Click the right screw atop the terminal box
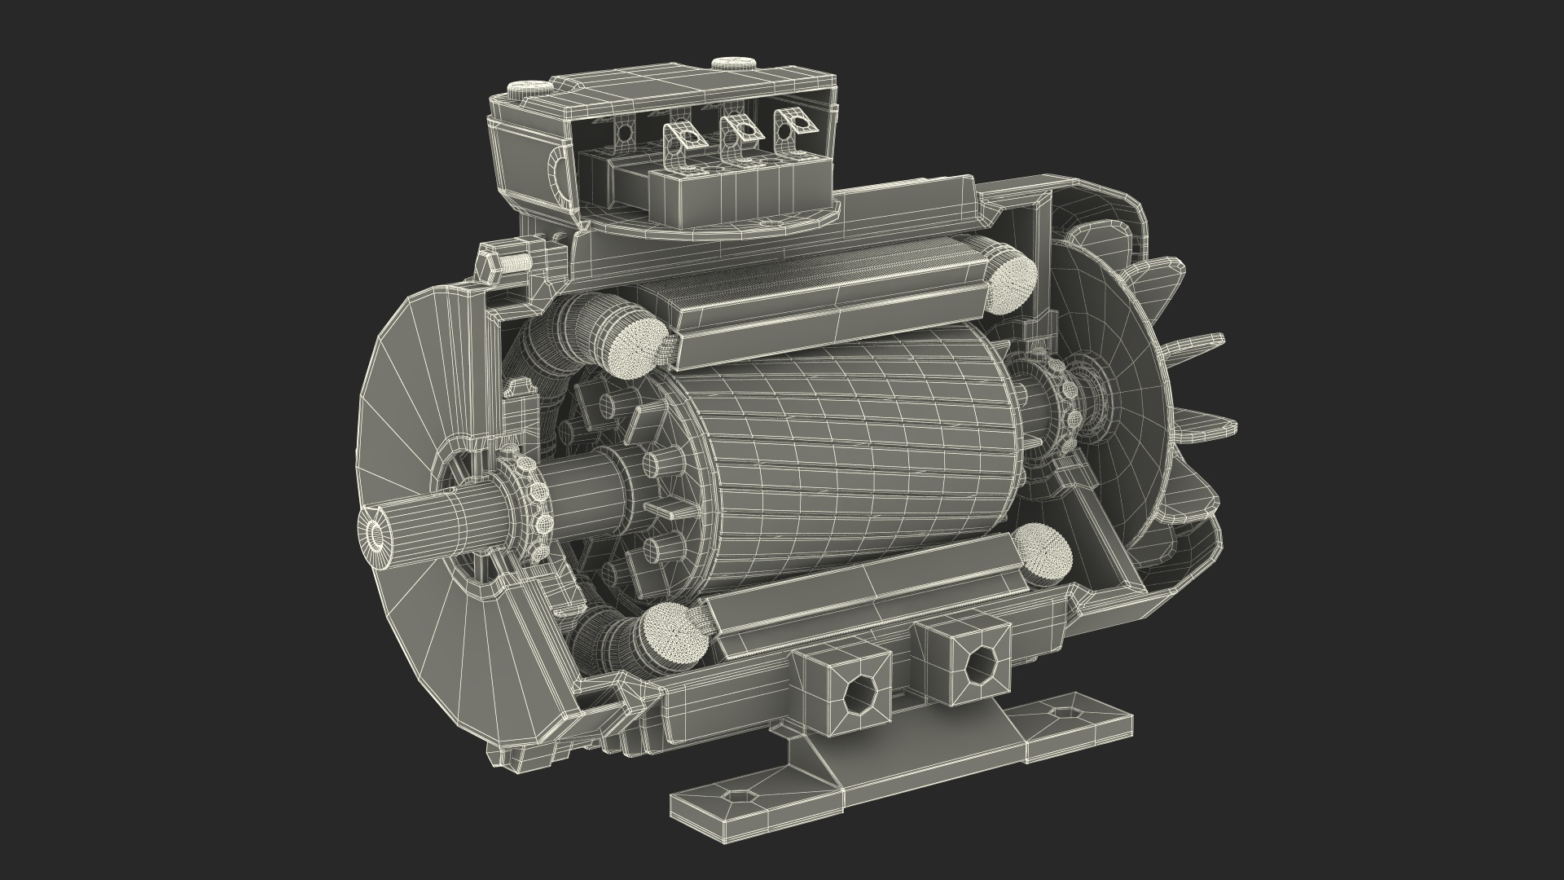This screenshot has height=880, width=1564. (724, 64)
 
